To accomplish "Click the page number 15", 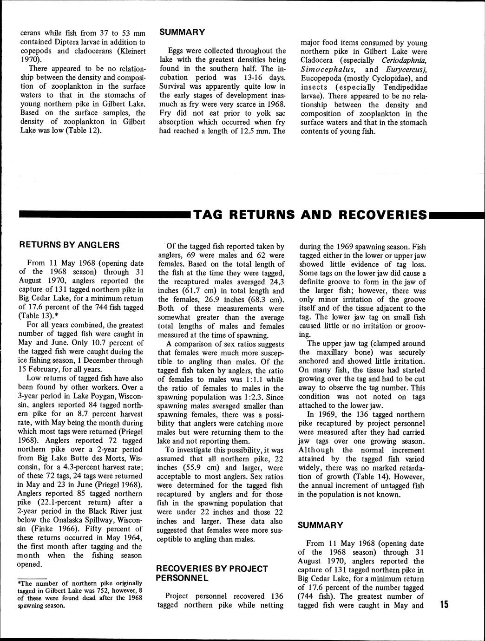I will point(444,604).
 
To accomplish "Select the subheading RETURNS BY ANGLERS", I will point(69,245).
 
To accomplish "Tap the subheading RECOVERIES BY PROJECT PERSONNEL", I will point(212,573).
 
